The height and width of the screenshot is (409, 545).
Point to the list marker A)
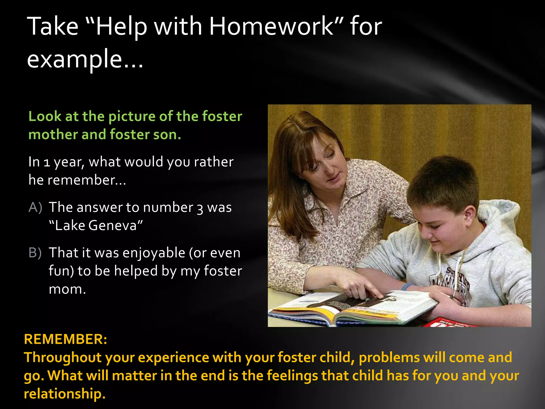35,207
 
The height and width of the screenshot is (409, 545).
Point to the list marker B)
35,253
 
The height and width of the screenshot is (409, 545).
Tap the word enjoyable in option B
154,253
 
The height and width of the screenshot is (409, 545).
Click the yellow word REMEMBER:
65,339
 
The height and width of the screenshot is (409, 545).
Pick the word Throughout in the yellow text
63,357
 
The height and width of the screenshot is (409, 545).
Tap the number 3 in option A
200,208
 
